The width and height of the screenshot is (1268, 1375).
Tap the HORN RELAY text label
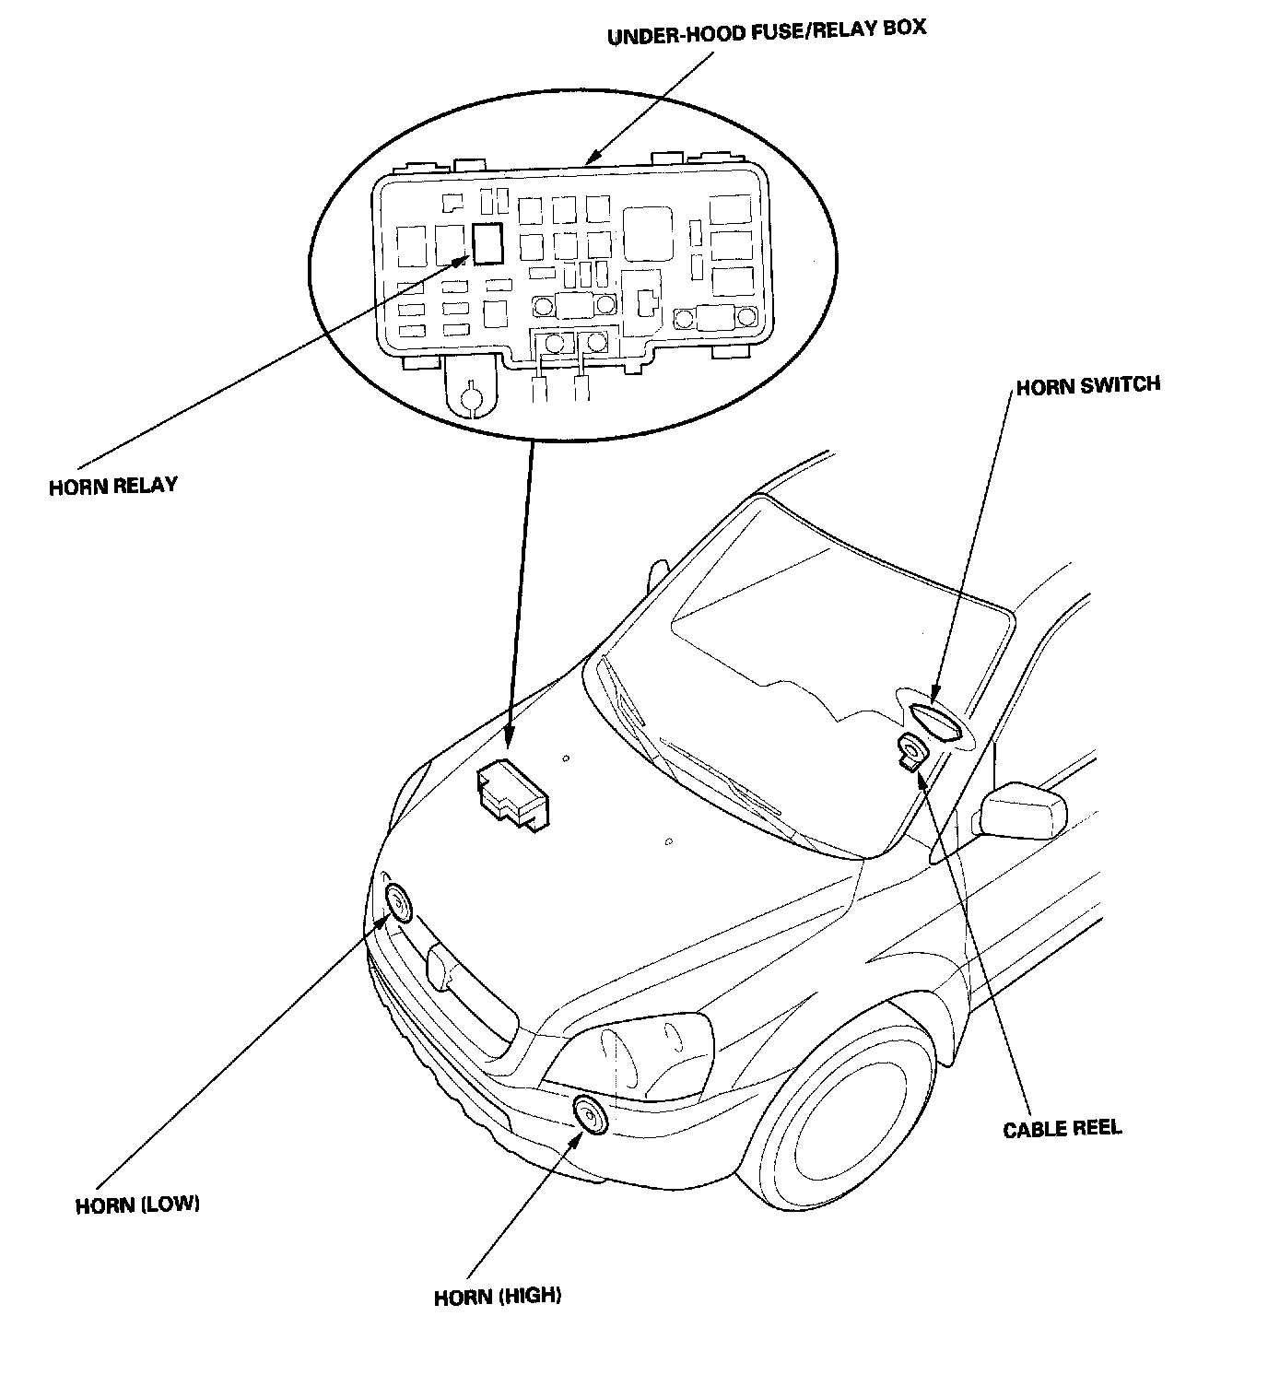(112, 486)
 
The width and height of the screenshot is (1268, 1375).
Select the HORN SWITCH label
(1087, 385)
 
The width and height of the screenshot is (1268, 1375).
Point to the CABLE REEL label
(1062, 1128)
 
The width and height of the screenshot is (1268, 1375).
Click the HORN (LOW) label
(137, 1205)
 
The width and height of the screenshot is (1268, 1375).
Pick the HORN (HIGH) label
(497, 1296)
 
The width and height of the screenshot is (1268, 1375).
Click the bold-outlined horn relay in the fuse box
(487, 244)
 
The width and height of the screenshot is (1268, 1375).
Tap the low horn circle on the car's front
(399, 903)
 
